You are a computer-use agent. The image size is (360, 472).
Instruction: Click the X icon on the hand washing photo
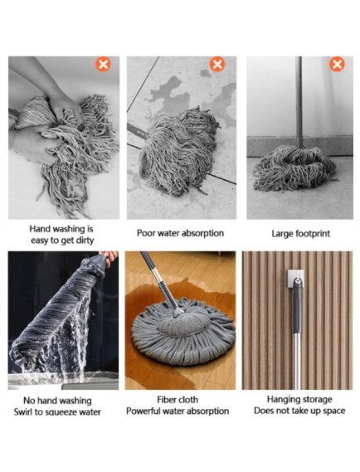point(103,65)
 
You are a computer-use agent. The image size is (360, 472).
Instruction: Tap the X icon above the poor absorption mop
point(217,64)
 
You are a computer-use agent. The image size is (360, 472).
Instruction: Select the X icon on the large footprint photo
point(337,64)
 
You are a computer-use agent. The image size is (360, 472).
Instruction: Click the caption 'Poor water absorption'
point(180,233)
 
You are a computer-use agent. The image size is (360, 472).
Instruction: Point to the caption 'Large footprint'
point(301,234)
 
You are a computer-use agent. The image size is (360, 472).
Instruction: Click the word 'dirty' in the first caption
point(85,241)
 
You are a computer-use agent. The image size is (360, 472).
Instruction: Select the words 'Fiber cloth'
point(178,400)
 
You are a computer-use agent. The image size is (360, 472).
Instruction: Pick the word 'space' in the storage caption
point(333,411)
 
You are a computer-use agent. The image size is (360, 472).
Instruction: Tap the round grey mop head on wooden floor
point(183,331)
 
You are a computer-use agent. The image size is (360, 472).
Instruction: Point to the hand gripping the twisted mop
point(109,257)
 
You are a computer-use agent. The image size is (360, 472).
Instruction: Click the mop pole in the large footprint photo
point(299,102)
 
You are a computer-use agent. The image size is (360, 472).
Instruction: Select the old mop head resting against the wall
point(294,168)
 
